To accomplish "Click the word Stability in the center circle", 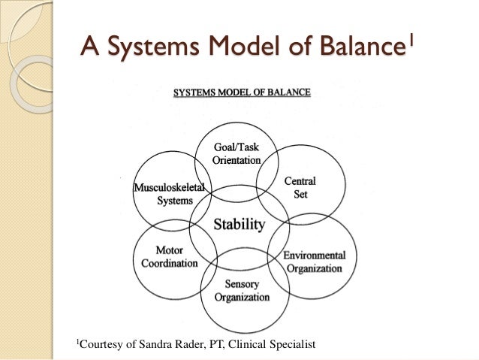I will pyautogui.click(x=239, y=224).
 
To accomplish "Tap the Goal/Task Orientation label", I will pyautogui.click(x=236, y=153).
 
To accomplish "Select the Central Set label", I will pyautogui.click(x=300, y=187).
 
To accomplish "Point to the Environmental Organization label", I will pyautogui.click(x=314, y=262).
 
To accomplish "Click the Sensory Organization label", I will pyautogui.click(x=242, y=290).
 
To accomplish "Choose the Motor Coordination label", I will pyautogui.click(x=169, y=257).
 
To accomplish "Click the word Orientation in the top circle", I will pyautogui.click(x=236, y=160).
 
